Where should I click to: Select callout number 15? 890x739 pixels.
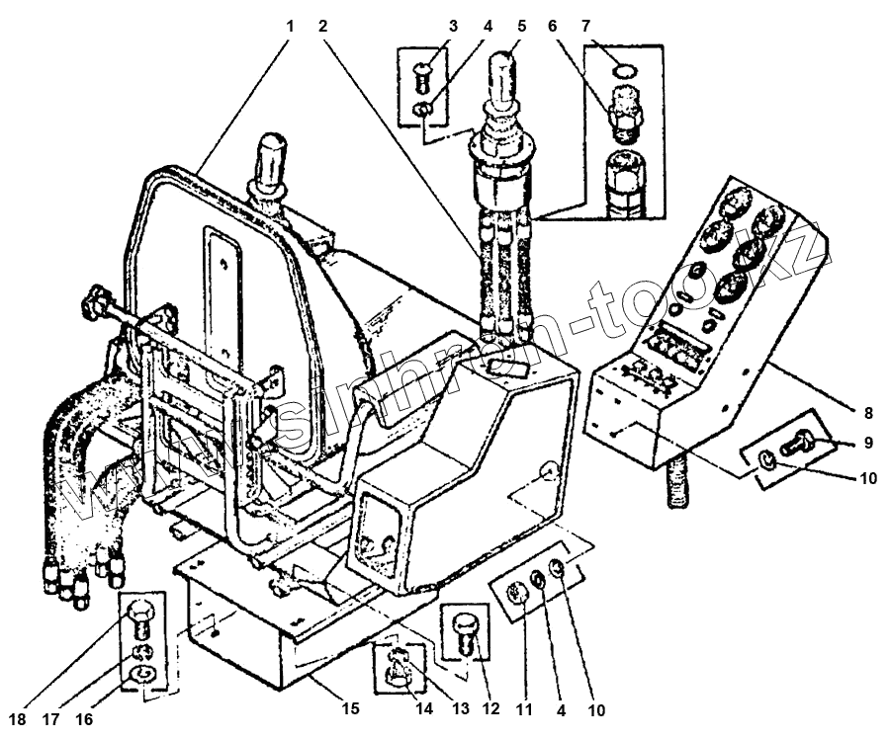point(347,708)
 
